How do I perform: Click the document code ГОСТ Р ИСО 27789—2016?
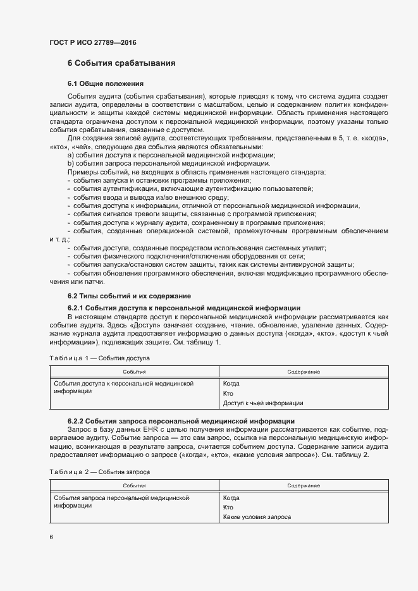pos(92,42)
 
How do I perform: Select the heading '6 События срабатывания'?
pos(121,63)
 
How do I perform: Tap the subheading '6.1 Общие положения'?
pos(106,83)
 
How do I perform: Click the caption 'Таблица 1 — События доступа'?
pos(97,358)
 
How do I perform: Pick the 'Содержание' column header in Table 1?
pos(303,372)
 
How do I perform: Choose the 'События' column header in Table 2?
pos(134,485)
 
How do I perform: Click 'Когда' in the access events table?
pos(231,384)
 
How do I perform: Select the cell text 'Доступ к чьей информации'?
pos(263,403)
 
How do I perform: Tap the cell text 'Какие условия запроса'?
pos(257,516)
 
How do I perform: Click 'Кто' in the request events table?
pos(228,507)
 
